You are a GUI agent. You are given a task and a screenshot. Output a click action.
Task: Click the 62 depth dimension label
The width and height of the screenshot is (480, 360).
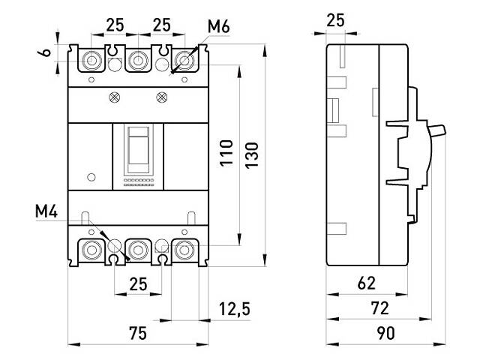[x=366, y=284]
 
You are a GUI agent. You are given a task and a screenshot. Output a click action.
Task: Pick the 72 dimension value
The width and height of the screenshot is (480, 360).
[x=380, y=308]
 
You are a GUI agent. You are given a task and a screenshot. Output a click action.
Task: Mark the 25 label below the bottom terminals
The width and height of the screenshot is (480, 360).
[x=136, y=284]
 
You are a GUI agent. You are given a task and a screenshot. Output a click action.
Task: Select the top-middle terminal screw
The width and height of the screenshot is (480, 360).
[x=137, y=60]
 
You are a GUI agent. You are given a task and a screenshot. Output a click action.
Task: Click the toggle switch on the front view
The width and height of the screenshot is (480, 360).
[x=138, y=146]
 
